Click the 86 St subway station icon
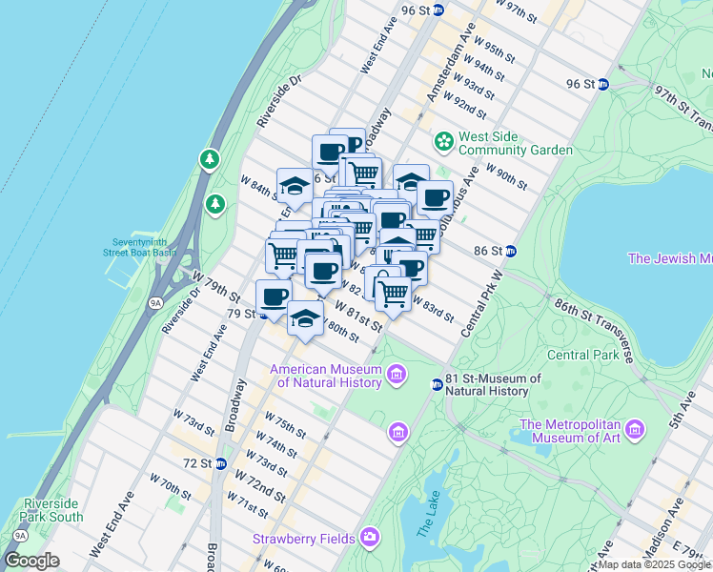pos(511,251)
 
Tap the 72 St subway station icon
pos(220,463)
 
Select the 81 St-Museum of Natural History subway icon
pos(437,384)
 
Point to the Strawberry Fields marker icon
pos(369,539)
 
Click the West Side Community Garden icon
pos(443,142)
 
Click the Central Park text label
pos(582,356)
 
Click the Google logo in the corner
pos(31,561)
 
